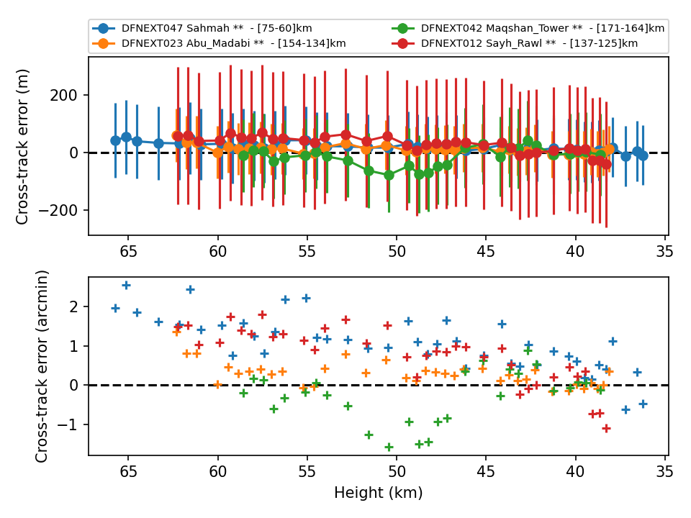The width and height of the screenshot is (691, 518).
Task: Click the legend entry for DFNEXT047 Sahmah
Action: pyautogui.click(x=202, y=29)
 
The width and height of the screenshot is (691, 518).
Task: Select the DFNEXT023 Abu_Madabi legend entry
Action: pyautogui.click(x=219, y=44)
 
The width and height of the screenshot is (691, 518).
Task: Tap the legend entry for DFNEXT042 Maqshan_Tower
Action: pyautogui.click(x=528, y=29)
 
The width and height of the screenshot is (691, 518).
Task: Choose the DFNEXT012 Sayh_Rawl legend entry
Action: pyautogui.click(x=515, y=44)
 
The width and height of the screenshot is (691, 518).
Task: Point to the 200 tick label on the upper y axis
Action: pyautogui.click(x=63, y=95)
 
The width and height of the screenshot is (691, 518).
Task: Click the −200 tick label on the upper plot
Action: pyautogui.click(x=58, y=211)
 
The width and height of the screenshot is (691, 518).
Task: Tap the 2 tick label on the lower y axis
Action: pyautogui.click(x=73, y=306)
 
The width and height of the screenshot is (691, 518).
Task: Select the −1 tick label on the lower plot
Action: pyautogui.click(x=68, y=424)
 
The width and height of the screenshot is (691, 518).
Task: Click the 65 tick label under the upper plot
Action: pyautogui.click(x=128, y=252)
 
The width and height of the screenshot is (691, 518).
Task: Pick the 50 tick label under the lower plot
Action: pyautogui.click(x=397, y=472)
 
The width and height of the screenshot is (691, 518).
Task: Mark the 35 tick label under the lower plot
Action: pyautogui.click(x=664, y=472)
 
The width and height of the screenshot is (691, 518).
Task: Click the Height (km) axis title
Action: pyautogui.click(x=379, y=492)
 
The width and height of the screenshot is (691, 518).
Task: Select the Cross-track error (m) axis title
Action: pyautogui.click(x=22, y=147)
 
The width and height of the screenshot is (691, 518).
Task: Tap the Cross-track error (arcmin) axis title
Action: pyautogui.click(x=41, y=366)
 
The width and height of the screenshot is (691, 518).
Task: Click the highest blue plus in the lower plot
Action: pyautogui.click(x=126, y=286)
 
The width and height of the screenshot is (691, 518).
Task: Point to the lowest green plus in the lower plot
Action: pyautogui.click(x=389, y=447)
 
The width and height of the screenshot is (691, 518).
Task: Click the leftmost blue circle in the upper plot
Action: pyautogui.click(x=115, y=140)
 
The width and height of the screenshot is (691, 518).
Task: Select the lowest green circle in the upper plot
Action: pyautogui.click(x=389, y=176)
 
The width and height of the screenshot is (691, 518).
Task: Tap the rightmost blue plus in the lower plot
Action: pyautogui.click(x=643, y=404)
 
